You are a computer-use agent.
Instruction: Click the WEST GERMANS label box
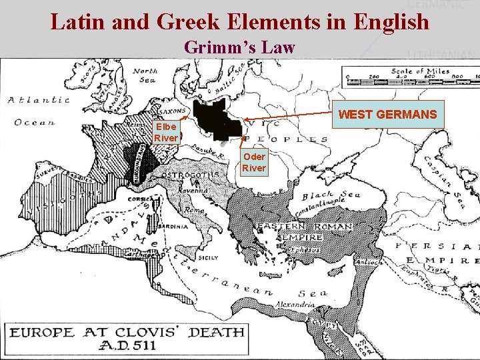point(387,115)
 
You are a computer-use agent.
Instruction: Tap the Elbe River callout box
point(165,132)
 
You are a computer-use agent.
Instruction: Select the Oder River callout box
point(253,163)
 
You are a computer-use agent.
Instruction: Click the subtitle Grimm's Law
point(239,48)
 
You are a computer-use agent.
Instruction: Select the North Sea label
point(145,75)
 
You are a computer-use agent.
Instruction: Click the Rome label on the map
point(195,211)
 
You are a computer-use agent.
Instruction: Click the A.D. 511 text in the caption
point(126,345)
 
